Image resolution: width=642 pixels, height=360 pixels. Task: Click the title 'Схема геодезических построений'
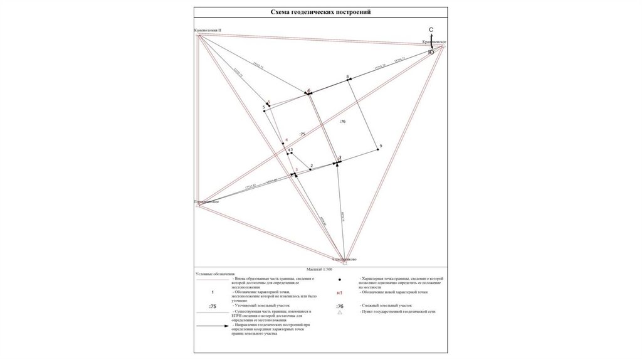point(320,12)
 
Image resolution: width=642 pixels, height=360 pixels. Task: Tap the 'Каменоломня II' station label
point(208,30)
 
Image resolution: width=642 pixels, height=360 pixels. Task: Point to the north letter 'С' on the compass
point(431,30)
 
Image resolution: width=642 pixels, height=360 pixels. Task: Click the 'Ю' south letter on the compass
point(431,53)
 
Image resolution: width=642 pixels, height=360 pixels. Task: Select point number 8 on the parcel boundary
point(347,77)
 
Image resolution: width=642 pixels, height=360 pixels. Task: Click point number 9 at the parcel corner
point(381,146)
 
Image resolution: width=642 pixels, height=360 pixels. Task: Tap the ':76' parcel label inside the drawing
point(342,120)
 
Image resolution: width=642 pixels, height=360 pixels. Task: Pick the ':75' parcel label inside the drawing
point(302,134)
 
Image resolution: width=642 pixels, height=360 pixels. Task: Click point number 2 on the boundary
point(311,166)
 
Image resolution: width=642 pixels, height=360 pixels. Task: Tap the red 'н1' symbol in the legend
point(339,293)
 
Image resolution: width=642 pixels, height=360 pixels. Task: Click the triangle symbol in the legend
point(339,312)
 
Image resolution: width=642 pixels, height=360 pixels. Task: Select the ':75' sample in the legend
point(213,306)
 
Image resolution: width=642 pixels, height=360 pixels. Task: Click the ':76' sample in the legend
point(339,305)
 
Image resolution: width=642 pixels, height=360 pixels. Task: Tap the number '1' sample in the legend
point(213,292)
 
